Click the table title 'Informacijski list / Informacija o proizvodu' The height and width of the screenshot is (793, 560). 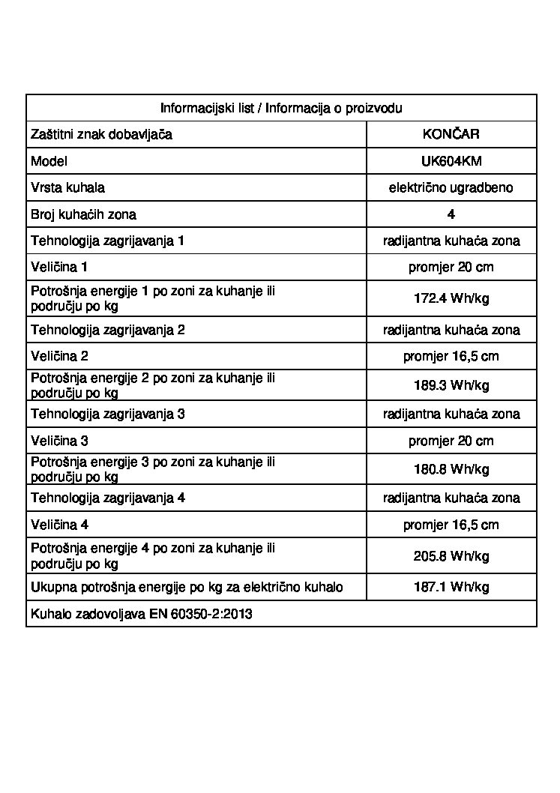point(281,108)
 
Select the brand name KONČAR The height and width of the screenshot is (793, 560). point(451,135)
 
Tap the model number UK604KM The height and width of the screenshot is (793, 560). point(451,161)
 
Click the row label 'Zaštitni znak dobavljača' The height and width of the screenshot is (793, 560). point(102,135)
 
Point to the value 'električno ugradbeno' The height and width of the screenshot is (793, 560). point(451,188)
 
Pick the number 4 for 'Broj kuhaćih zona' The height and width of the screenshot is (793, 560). point(451,214)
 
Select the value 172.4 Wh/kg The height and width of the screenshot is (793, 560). point(451,298)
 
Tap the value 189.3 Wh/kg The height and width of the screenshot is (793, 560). point(451,385)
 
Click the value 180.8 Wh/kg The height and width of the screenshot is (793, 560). point(451,469)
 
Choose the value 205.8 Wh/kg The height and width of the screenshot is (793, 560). point(451,556)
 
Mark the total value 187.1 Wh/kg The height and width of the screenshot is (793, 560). point(451,587)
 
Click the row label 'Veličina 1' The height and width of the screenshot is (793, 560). point(59,268)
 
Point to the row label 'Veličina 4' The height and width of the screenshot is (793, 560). point(59,525)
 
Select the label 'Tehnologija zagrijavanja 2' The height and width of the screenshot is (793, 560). point(107,330)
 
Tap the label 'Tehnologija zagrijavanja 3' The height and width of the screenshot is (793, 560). point(107,414)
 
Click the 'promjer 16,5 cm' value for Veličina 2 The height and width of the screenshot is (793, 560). point(451,357)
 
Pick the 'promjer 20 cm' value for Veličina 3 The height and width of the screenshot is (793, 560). point(451,441)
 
